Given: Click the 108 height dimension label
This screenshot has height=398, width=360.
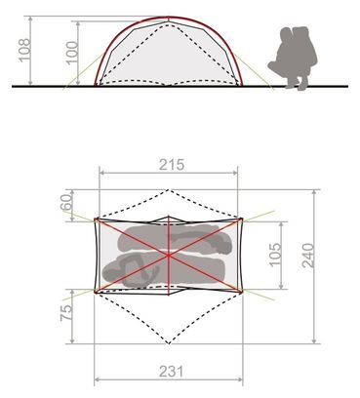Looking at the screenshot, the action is pos(25,50).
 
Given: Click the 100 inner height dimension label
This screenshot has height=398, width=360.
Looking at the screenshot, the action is pos(72,53).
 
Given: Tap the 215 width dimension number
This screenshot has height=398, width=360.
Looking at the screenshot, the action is pos(172,165).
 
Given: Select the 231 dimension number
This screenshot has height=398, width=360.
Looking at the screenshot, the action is pos(172,371).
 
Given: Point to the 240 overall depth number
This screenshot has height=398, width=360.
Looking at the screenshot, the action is pos(308,256).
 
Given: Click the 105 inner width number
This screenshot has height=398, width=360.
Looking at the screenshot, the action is pos(276,255).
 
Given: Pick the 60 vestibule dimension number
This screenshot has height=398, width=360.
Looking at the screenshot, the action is pos(65,202).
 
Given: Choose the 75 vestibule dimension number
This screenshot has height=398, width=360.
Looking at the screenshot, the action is pos(66,313).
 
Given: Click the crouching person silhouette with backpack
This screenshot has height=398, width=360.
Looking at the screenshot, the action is pos(293,58).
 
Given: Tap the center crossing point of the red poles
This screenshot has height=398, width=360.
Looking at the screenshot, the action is pos(169,256).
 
